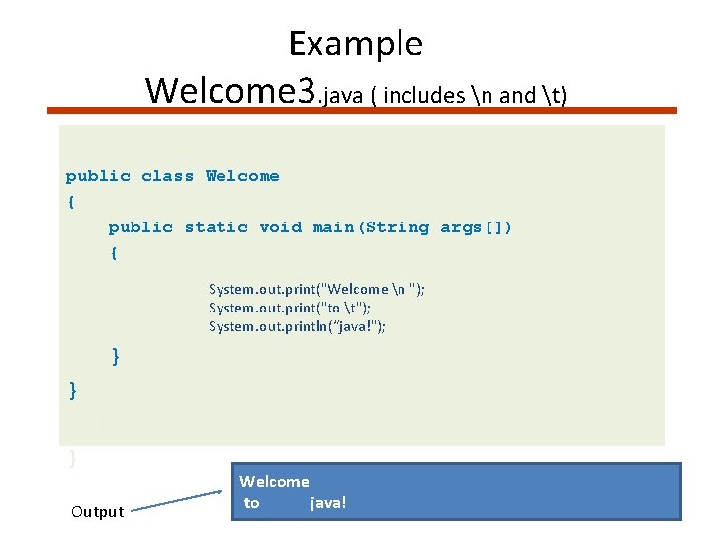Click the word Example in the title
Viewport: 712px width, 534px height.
tap(355, 44)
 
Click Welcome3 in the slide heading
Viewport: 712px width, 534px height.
tap(230, 90)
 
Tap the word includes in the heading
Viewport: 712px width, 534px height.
tap(424, 95)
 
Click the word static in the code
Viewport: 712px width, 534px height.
tap(216, 227)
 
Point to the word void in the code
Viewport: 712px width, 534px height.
tap(280, 227)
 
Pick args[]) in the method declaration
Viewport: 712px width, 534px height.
tap(476, 227)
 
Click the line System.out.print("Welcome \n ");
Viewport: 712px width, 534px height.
tap(316, 289)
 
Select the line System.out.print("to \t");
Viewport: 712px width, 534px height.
tap(297, 308)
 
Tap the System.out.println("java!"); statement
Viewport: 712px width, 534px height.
tap(297, 326)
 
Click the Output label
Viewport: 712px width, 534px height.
tap(98, 511)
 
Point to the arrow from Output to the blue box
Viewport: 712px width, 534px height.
tap(178, 500)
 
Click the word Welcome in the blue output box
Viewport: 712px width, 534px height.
tap(274, 482)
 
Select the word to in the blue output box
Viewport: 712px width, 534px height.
tap(251, 503)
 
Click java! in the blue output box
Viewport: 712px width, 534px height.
tap(328, 503)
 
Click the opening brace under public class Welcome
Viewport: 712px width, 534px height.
tap(70, 202)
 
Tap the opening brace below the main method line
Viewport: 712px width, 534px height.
tap(114, 253)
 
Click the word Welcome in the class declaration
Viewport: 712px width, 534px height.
tap(242, 176)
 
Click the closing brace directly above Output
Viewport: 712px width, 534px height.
tap(71, 458)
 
